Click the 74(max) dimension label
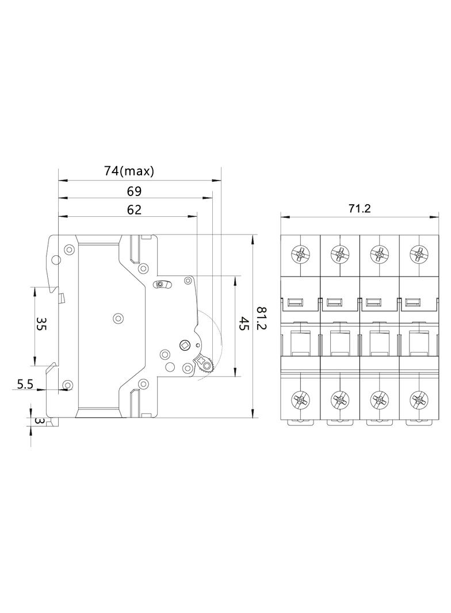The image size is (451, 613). coord(129,171)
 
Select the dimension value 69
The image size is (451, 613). coord(133,191)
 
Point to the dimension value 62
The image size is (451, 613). coord(133,210)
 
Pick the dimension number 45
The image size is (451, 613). coord(243,325)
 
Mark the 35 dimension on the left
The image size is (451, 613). coord(41,325)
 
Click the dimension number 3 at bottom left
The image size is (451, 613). coord(39,421)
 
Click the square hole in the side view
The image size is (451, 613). coord(185,345)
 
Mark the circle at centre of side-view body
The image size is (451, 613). coord(119,317)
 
